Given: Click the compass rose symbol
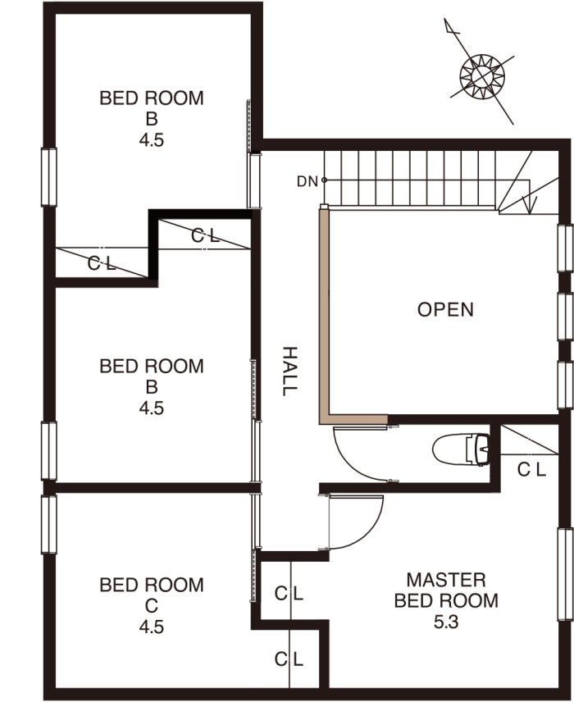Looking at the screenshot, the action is [482, 75].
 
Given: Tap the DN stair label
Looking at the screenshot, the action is [307, 181].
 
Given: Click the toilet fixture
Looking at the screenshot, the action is [461, 449].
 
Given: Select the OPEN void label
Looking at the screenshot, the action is [445, 309].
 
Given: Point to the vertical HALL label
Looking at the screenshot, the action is [289, 371].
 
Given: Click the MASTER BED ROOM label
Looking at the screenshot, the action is [446, 590].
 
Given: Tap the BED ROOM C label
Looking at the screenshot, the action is [152, 595].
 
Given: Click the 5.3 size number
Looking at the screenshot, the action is [446, 622].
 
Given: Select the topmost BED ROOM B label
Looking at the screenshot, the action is [152, 108].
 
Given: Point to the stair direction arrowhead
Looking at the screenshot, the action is [530, 206].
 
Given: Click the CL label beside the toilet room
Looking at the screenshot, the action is [531, 470].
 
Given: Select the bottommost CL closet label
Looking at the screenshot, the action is [289, 659].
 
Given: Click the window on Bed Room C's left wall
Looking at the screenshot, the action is [49, 524].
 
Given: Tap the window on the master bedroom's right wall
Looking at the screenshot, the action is [566, 574].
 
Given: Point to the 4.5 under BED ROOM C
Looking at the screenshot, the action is [152, 627].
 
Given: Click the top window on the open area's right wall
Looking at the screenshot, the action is [566, 248].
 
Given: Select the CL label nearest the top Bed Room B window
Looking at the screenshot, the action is [102, 264].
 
